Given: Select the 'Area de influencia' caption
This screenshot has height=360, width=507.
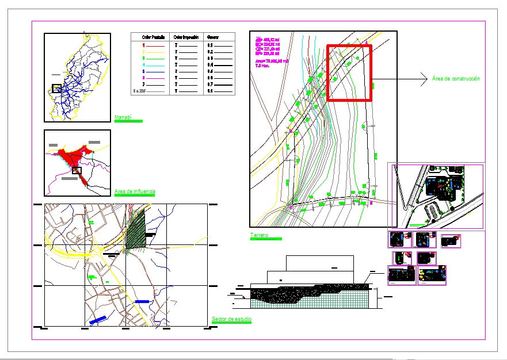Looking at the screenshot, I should (x=135, y=191).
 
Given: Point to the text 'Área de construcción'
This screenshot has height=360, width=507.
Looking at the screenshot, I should (x=455, y=78).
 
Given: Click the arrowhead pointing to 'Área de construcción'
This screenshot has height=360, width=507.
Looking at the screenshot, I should (x=424, y=78).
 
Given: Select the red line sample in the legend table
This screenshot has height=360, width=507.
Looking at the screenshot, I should (x=157, y=44).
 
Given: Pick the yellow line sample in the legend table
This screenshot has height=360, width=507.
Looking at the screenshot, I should (x=157, y=52).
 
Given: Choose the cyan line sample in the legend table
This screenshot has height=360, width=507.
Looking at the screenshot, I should (x=157, y=65).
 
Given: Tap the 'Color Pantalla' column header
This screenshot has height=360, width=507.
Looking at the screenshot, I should (x=153, y=37).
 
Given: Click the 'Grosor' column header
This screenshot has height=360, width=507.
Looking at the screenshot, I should (x=213, y=37).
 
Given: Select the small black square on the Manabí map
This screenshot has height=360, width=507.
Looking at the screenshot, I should (x=56, y=88).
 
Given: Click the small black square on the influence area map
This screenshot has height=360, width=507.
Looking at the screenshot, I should (x=77, y=170).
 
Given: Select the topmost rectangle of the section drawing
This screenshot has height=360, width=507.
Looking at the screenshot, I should (x=319, y=263).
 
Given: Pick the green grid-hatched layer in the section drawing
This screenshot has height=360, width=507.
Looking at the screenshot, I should (x=340, y=300).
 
